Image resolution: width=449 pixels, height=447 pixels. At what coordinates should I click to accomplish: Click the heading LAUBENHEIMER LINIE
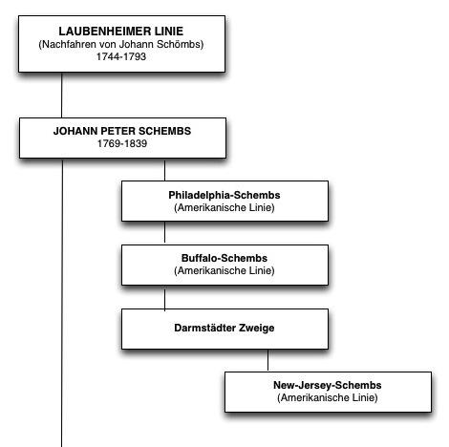pyautogui.click(x=121, y=32)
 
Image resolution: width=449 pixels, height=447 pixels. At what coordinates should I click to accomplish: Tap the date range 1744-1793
pyautogui.click(x=121, y=56)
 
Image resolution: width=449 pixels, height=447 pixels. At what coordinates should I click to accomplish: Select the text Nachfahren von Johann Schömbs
pyautogui.click(x=121, y=44)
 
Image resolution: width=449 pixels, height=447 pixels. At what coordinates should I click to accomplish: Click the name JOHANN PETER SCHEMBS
pyautogui.click(x=122, y=131)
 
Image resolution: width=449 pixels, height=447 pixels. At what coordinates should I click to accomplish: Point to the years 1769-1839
pyautogui.click(x=122, y=143)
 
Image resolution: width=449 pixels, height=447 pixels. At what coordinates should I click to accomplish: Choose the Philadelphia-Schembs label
pyautogui.click(x=224, y=195)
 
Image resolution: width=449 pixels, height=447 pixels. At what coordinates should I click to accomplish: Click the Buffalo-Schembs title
pyautogui.click(x=224, y=258)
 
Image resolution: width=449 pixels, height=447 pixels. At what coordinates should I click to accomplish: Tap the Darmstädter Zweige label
pyautogui.click(x=224, y=328)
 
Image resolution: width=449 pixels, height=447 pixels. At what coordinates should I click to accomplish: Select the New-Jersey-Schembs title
pyautogui.click(x=328, y=385)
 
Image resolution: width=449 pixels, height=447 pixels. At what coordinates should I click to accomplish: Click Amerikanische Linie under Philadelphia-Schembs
pyautogui.click(x=224, y=207)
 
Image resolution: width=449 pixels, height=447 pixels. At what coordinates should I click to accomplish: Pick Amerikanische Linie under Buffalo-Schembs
pyautogui.click(x=224, y=270)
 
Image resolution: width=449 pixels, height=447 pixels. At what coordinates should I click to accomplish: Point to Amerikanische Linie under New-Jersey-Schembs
pyautogui.click(x=328, y=397)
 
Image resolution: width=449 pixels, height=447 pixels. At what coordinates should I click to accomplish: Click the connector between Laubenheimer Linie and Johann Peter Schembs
pyautogui.click(x=61, y=96)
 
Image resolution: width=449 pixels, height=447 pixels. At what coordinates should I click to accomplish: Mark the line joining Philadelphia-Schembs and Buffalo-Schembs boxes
pyautogui.click(x=164, y=233)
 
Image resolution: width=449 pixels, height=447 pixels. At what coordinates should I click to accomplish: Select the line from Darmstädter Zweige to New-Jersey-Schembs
pyautogui.click(x=267, y=360)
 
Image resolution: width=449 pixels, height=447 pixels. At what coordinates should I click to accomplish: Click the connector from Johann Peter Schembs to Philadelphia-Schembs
pyautogui.click(x=164, y=170)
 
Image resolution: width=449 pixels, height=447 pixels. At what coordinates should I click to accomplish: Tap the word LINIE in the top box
pyautogui.click(x=169, y=32)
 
